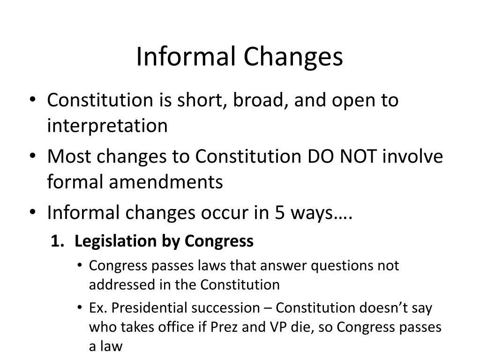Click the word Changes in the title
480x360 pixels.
pos(293,57)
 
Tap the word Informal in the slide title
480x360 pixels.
pos(186,57)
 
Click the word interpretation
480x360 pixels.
pos(107,126)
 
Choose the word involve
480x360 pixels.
pos(413,156)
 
